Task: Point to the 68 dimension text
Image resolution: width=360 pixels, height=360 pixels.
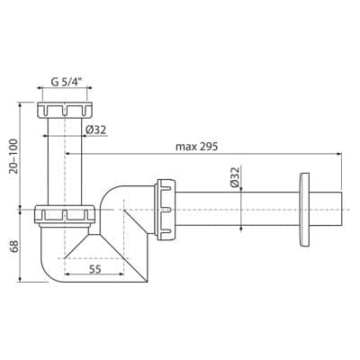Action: coord(11,244)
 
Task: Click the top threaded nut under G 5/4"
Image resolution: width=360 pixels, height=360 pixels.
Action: coord(65,112)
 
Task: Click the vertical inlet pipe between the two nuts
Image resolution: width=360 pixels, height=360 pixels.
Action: coord(65,162)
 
